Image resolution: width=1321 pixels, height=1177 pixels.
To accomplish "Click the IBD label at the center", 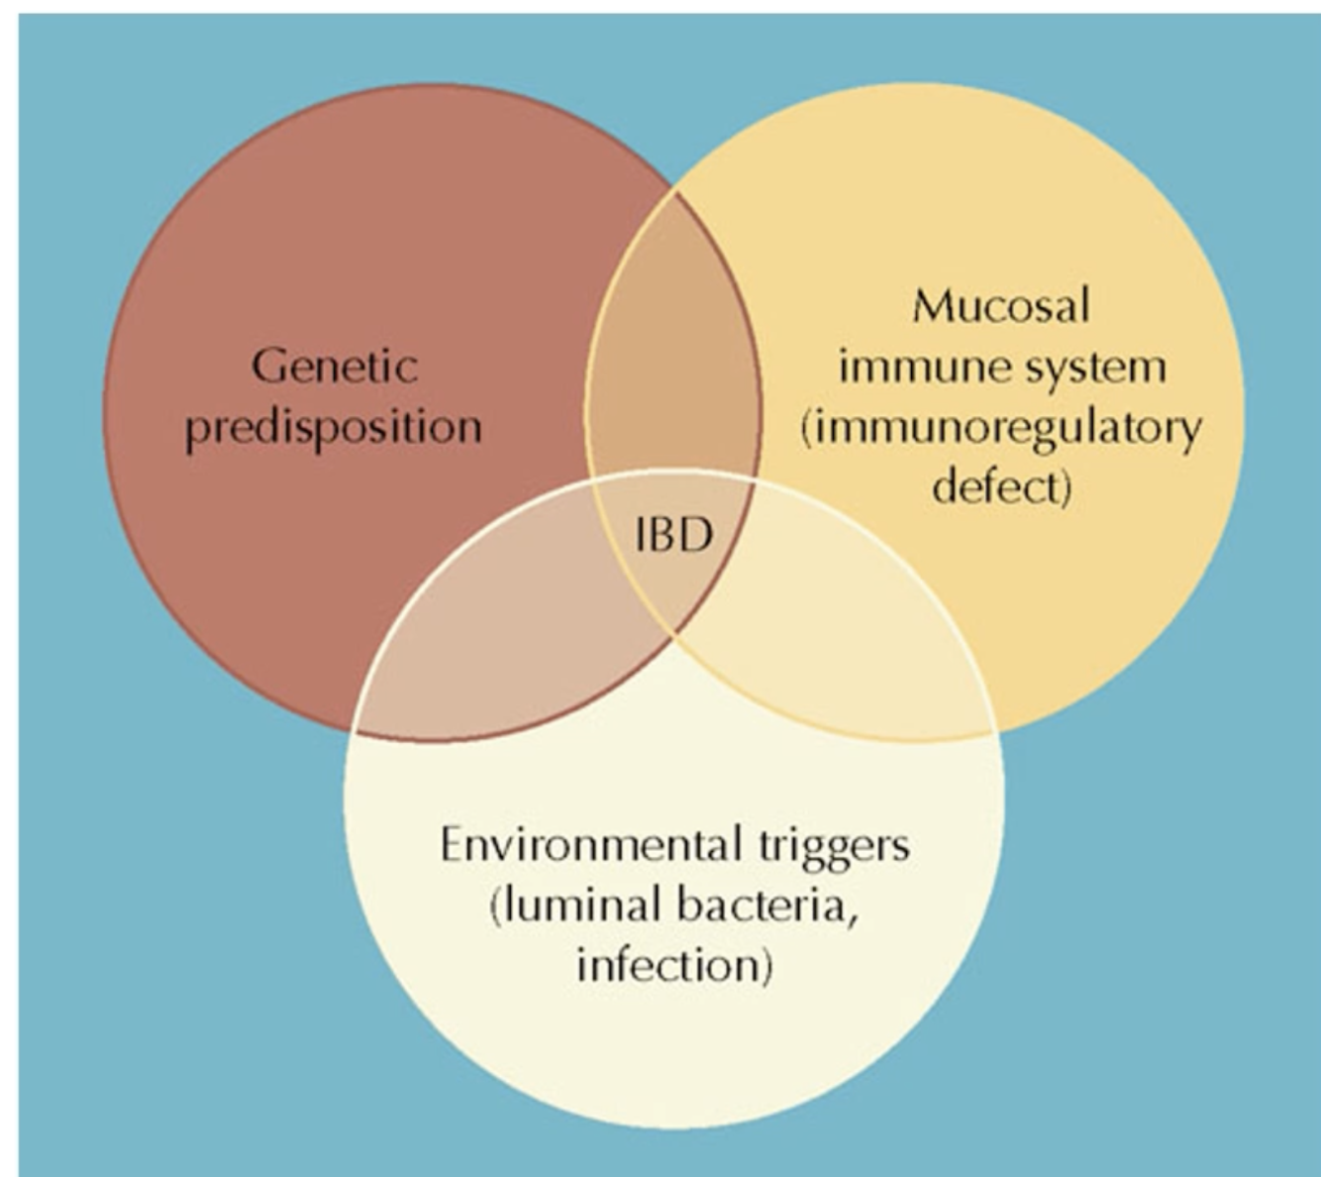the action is coord(673,536).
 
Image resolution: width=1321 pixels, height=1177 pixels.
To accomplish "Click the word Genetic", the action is coord(335,367).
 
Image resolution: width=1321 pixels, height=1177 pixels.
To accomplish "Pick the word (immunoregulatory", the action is coord(1000,429).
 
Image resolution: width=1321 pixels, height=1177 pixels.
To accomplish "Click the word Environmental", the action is coord(590,845).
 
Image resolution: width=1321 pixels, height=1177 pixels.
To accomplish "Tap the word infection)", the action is coord(673,965).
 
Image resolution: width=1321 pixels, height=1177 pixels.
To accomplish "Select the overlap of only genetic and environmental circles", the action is coord(495,644).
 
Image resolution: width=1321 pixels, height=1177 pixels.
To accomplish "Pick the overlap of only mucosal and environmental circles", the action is coord(852,644).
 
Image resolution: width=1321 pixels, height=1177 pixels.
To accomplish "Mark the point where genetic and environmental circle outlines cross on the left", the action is coord(354,730).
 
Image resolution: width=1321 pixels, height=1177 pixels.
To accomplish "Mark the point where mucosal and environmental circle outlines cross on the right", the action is coord(993,732).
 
